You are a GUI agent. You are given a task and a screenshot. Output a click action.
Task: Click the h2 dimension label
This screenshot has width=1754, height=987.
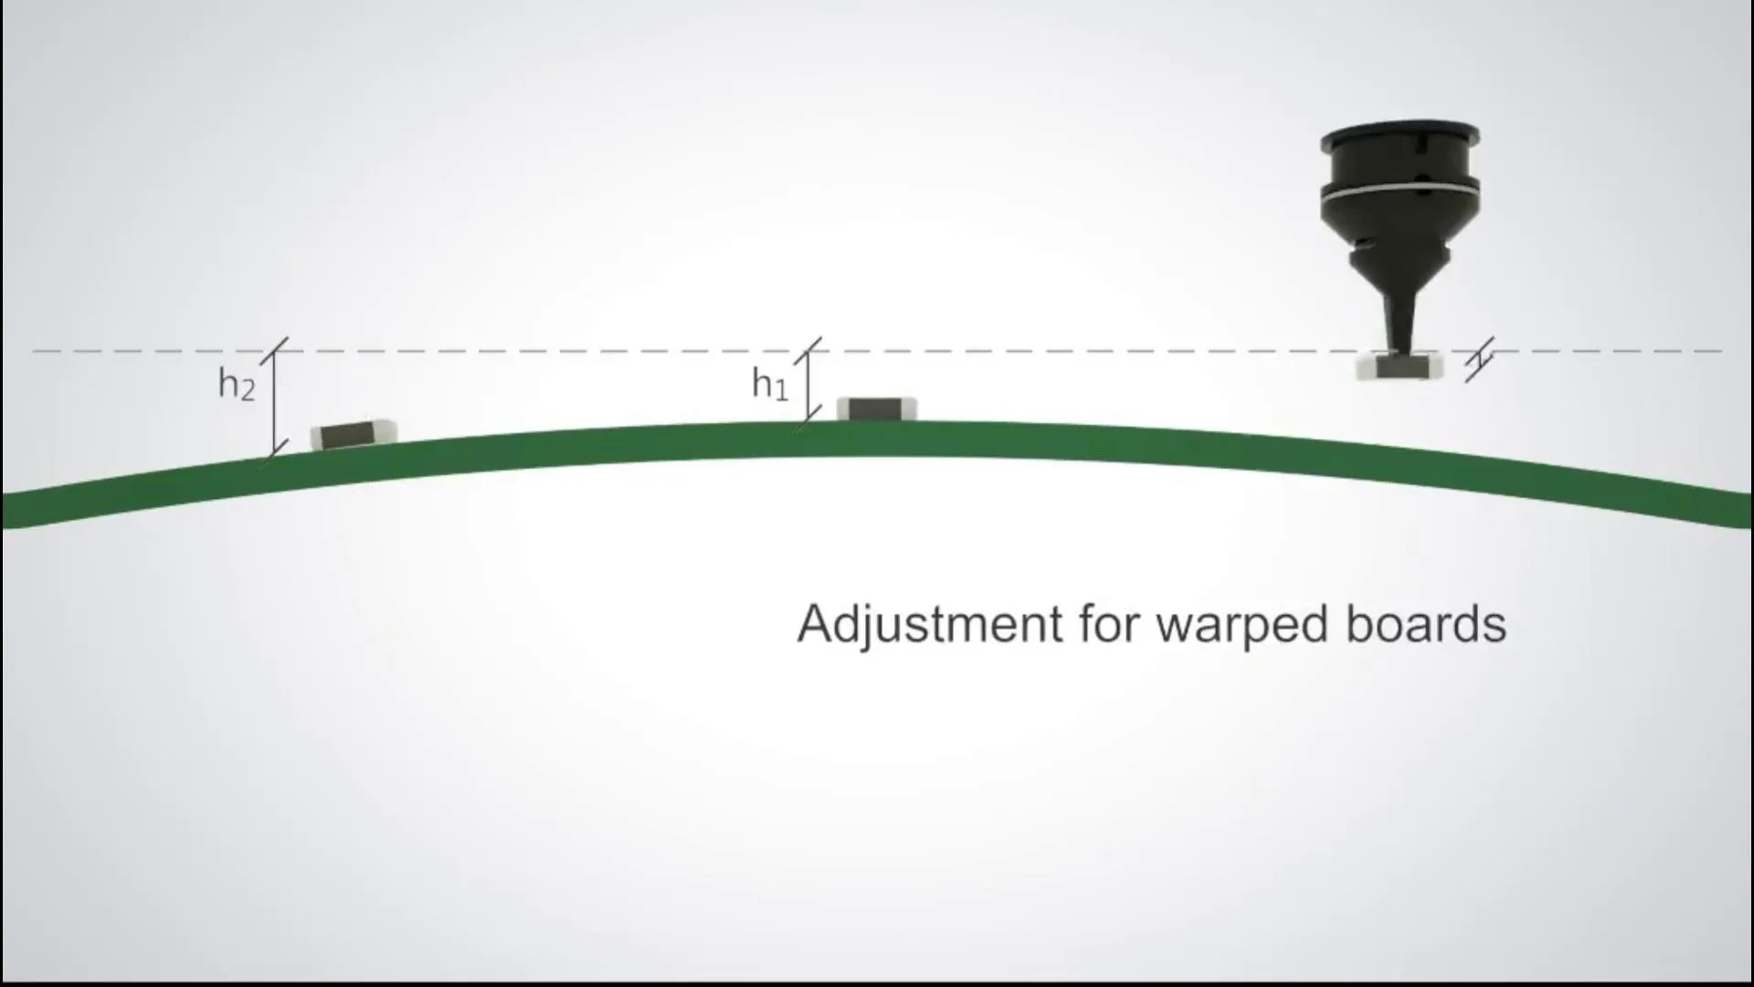[x=236, y=385]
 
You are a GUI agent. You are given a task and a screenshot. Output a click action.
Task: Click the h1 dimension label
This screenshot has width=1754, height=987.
[x=769, y=384]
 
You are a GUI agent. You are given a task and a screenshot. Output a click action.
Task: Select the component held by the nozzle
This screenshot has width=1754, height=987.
[x=1399, y=367]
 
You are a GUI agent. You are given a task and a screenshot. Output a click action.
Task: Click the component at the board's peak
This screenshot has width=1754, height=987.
[x=876, y=409]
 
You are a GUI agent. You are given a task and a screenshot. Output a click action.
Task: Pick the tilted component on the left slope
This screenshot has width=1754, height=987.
[x=354, y=435]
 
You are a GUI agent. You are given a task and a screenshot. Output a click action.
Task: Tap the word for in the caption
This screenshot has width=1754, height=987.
[x=1109, y=625]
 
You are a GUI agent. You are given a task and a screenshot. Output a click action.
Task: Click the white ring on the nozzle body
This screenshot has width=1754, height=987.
[x=1400, y=192]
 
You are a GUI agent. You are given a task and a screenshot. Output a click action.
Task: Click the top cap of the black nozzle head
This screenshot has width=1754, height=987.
[x=1400, y=135]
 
